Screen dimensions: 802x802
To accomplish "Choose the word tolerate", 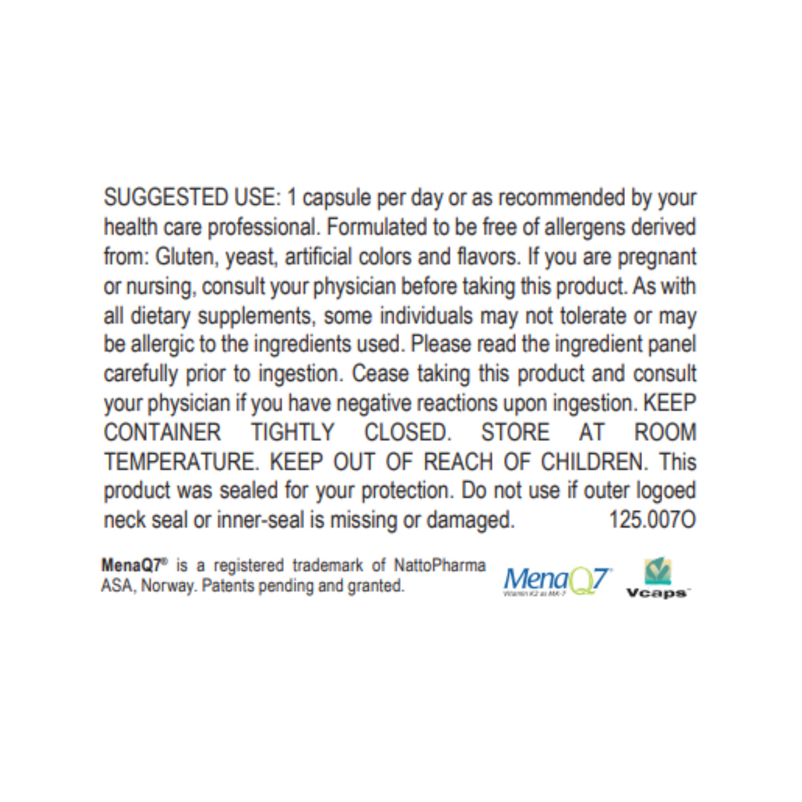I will [593, 316].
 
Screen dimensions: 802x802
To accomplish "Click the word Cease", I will [380, 374].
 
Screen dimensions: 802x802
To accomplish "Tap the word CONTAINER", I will [163, 432].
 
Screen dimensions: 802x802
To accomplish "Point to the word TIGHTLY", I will [292, 432].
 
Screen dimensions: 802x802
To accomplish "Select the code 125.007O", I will [652, 520].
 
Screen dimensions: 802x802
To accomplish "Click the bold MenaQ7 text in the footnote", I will [134, 566].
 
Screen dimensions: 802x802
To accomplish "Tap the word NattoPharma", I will [440, 566].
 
